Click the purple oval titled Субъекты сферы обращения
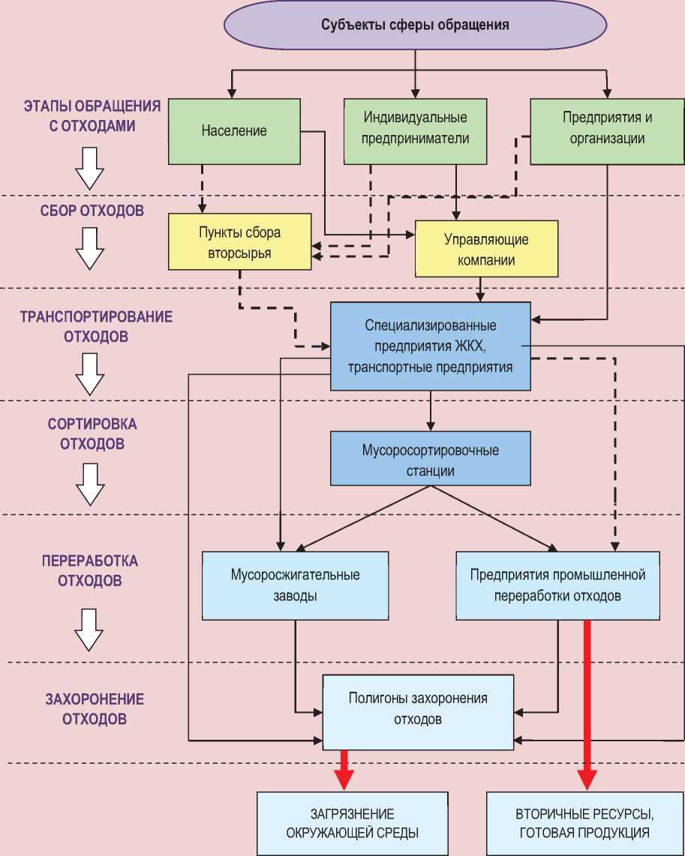415,25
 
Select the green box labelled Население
234,131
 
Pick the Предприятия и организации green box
607,128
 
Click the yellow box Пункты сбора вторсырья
239,243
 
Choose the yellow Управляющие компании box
486,250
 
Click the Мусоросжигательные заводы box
295,585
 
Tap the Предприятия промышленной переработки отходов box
557,585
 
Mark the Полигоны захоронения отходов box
418,709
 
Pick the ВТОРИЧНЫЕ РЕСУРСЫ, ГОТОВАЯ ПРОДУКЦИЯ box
581,822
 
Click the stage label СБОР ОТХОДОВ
92,211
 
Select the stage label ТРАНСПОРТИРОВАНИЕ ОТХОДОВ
95,327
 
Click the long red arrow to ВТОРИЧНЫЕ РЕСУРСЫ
587,705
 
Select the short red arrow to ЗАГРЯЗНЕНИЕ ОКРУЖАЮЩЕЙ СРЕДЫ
344,768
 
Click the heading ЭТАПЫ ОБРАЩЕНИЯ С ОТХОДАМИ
92,115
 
